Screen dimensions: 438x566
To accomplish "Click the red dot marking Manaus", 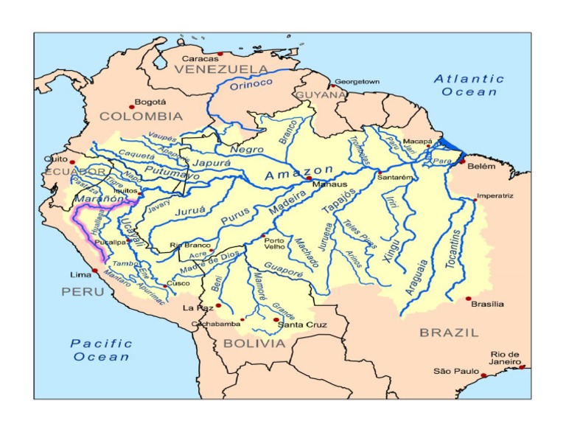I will (x=310, y=178).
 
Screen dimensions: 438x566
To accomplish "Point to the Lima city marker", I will (x=95, y=271).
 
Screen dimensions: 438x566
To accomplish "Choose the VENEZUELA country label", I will (x=221, y=69).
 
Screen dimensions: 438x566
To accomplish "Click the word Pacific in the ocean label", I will (x=102, y=344).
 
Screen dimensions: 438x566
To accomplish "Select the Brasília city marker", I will (x=468, y=299).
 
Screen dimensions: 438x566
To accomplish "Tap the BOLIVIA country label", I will (x=254, y=344).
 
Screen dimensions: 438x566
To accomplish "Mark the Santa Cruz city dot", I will (x=276, y=319).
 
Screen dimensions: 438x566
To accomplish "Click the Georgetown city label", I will (x=357, y=81).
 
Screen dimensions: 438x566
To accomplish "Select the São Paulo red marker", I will (x=484, y=375).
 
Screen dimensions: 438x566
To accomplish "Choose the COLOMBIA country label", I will (x=141, y=117).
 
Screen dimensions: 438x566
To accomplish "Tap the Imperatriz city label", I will (x=495, y=195).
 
